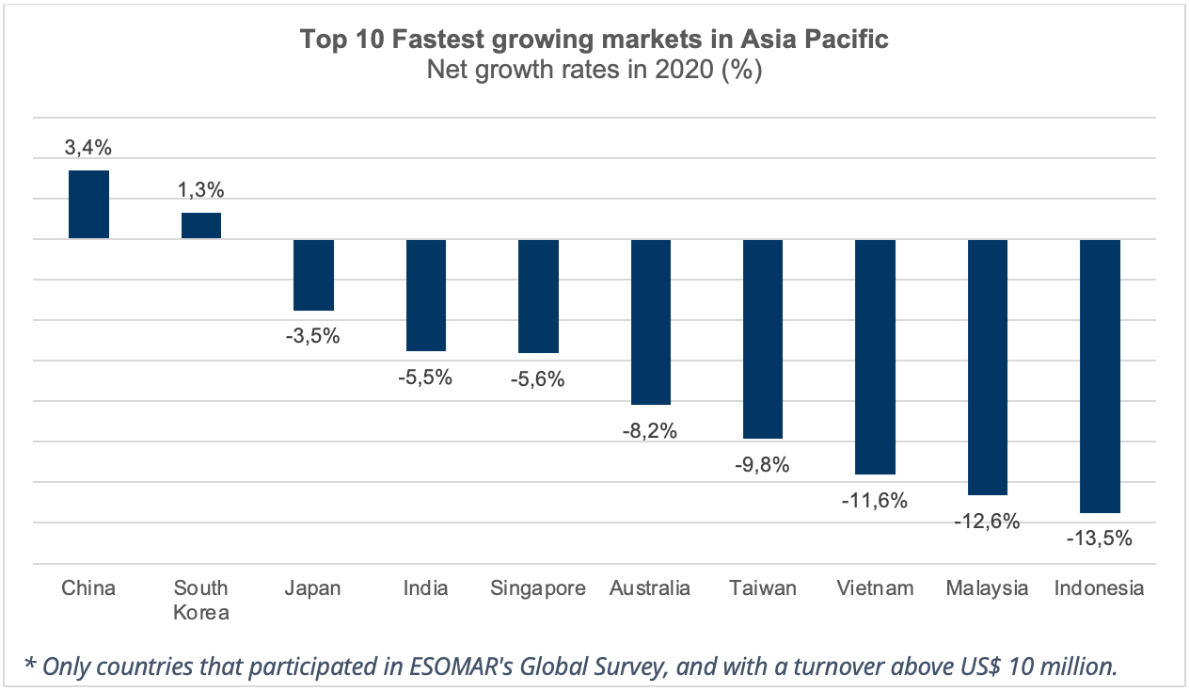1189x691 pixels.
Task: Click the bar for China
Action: coord(89,204)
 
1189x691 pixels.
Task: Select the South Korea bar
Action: coord(201,226)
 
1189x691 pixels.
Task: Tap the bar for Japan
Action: coord(314,275)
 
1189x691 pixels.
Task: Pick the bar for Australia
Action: coord(649,322)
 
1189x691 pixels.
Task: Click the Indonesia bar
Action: coord(1100,376)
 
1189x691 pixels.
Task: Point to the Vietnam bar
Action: coord(875,357)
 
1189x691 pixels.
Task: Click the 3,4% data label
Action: coord(88,148)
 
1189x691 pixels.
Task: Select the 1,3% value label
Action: coord(201,190)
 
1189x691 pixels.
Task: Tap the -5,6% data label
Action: coord(537,379)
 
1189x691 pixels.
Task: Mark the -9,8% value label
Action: coord(762,465)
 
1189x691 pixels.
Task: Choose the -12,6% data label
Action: coord(987,521)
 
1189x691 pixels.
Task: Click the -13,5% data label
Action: coord(1099,539)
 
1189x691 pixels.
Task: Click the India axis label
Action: coord(426,588)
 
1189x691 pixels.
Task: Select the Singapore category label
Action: coord(538,588)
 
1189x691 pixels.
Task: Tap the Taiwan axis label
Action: coord(762,588)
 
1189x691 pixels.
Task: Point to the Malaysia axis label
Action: coord(987,588)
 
